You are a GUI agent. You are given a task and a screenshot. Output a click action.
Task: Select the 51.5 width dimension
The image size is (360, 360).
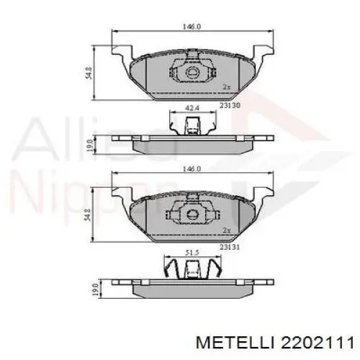(192, 252)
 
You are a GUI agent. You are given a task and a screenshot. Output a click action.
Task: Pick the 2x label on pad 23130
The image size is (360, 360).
(227, 87)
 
